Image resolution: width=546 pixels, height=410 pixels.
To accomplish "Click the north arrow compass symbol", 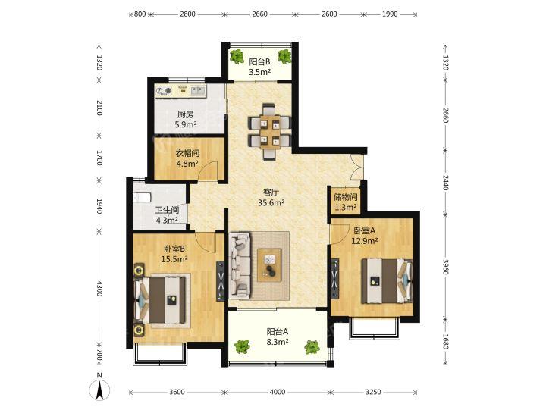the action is (99, 388).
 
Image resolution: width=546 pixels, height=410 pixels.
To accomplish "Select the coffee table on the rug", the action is (269, 264).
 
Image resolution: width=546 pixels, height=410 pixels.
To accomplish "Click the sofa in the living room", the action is (240, 265).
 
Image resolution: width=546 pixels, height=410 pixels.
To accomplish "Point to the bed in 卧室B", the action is (161, 300).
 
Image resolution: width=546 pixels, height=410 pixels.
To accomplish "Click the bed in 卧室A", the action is (387, 280).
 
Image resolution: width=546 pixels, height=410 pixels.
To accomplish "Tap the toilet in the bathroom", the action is (142, 197).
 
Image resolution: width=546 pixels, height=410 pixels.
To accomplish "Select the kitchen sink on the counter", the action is (198, 90).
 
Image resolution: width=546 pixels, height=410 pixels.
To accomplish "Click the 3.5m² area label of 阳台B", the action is (260, 72).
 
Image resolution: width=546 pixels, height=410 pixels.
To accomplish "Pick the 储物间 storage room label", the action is (346, 197).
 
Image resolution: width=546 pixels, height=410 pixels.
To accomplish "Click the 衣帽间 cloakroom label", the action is (187, 153).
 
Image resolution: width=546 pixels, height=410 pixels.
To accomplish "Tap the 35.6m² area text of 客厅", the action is (271, 202).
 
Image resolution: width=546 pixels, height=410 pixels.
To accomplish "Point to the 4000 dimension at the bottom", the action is (278, 393).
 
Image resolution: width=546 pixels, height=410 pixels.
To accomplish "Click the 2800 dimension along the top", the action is (188, 14).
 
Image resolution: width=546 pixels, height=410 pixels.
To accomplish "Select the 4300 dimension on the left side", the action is (99, 288).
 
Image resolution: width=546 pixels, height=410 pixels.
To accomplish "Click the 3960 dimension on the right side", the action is (445, 267).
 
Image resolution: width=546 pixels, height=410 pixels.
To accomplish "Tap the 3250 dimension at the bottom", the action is (373, 393).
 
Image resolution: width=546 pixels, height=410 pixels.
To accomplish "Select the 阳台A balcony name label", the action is (278, 332).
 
